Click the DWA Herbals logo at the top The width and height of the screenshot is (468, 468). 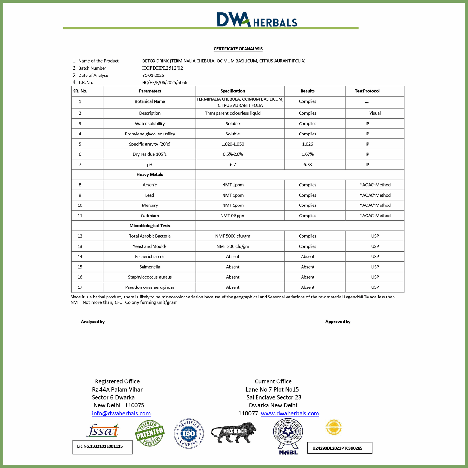[257, 19]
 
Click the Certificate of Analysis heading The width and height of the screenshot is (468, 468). [238, 49]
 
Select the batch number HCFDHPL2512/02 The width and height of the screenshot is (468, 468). [163, 68]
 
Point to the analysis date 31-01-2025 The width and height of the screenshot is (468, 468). [153, 75]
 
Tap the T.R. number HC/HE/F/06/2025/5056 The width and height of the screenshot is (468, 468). [165, 83]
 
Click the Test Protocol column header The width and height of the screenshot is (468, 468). [367, 91]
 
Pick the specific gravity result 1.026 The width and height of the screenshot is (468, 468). [307, 144]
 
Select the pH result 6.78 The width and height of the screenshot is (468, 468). [307, 165]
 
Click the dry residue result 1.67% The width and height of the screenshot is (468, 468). [307, 154]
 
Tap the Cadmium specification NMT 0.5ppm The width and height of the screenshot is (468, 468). [233, 216]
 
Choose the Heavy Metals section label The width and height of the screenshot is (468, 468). [150, 175]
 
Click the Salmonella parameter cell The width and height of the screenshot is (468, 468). [150, 267]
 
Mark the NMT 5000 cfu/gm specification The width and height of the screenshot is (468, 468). [233, 236]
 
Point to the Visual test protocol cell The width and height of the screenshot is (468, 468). [375, 113]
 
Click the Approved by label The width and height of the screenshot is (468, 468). [338, 322]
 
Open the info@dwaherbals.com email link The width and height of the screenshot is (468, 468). [121, 414]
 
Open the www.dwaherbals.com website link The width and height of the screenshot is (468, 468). [290, 414]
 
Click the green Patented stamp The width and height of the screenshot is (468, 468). [150, 433]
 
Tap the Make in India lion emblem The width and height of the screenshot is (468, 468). [234, 432]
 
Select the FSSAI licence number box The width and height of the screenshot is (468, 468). [102, 447]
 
